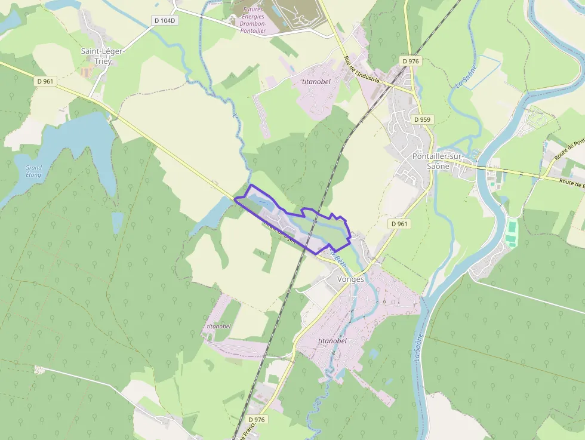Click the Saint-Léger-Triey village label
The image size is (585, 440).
point(102,56)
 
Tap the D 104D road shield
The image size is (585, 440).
point(165,20)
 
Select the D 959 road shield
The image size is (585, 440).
point(422,119)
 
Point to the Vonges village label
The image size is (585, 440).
point(350,279)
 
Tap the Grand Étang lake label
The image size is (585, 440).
point(33,171)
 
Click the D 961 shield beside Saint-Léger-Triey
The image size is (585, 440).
point(45,81)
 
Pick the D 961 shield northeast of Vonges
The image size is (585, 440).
point(399,223)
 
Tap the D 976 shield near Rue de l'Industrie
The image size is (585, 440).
point(411,61)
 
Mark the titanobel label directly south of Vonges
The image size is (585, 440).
point(332,340)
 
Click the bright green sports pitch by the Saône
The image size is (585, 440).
point(512,232)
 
